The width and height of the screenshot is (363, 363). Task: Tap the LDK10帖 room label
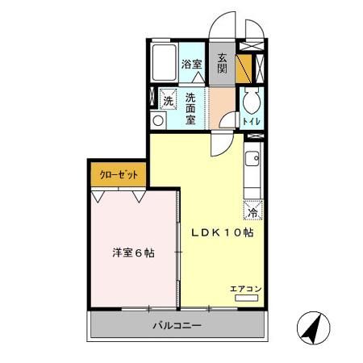(x=223, y=232)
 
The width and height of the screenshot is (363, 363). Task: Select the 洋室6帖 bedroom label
(x=133, y=252)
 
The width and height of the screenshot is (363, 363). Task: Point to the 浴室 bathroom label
(x=191, y=65)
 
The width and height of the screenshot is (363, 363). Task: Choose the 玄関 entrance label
(x=222, y=64)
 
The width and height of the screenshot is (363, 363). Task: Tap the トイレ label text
(x=250, y=121)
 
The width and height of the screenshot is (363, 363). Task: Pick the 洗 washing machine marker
(x=167, y=101)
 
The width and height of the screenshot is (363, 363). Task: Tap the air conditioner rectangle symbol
(x=246, y=298)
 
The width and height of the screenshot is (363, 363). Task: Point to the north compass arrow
(x=315, y=326)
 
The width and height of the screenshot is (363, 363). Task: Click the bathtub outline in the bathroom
(x=165, y=63)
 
